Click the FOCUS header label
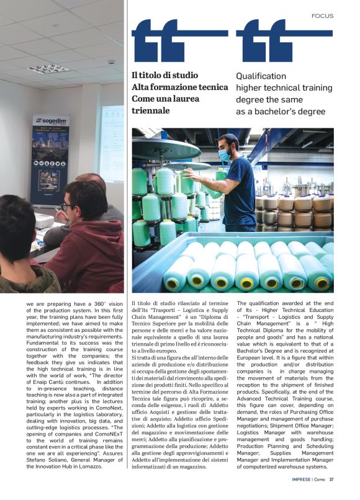(x=322, y=16)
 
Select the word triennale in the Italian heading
(x=150, y=110)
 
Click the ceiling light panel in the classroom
(x=48, y=68)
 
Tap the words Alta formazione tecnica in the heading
(x=180, y=87)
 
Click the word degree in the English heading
(x=251, y=100)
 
